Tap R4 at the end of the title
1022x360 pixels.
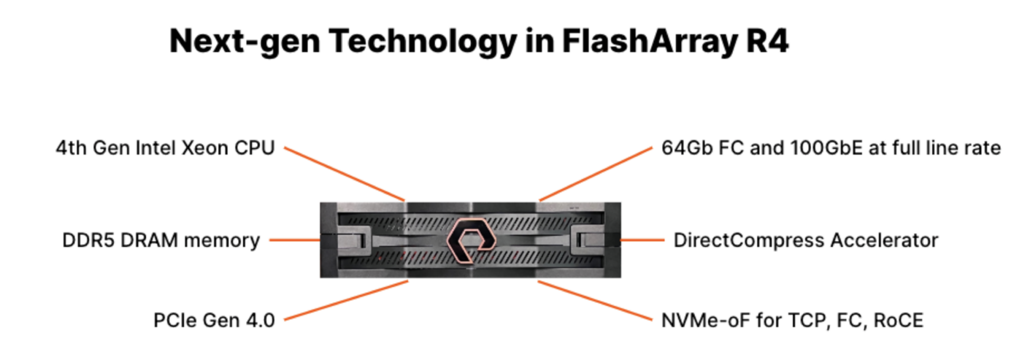767,41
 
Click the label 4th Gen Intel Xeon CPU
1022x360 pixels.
165,148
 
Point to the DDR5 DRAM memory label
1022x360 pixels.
161,240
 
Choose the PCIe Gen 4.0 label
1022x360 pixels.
214,321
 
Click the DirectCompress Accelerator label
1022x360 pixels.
806,240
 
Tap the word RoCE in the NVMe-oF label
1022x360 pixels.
898,321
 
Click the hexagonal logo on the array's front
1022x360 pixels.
471,240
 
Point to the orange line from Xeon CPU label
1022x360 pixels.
345,174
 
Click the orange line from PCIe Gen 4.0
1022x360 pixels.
346,300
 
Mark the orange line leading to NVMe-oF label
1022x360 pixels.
595,300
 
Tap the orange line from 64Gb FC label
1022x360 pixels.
596,174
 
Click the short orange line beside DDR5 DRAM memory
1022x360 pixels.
295,240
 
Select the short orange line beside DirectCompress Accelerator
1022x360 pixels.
642,240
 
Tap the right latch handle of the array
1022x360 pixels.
588,240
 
